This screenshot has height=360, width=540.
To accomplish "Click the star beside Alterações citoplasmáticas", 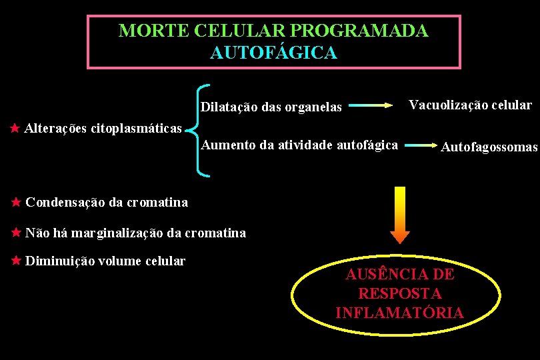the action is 15,127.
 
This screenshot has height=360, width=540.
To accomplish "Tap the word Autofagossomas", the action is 489,147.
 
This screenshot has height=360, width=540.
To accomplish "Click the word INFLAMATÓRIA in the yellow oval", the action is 399,312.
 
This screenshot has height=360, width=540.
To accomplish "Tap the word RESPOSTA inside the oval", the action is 399,293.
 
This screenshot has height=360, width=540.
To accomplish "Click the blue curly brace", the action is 199,130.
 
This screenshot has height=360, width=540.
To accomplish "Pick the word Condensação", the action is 64,202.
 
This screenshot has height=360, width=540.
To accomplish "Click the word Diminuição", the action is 60,261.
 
